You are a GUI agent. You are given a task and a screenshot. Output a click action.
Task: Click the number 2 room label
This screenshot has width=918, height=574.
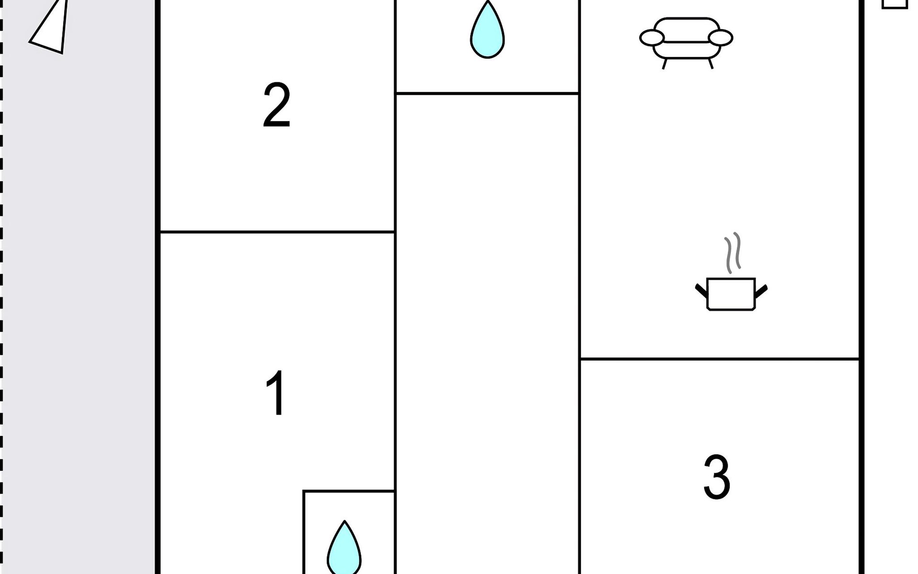click(277, 105)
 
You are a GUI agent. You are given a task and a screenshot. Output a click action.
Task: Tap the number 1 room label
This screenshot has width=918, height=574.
click(276, 393)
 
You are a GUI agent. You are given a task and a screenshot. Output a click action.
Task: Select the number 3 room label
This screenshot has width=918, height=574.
click(717, 477)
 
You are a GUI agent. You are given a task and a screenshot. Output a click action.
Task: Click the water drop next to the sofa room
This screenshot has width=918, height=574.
click(487, 32)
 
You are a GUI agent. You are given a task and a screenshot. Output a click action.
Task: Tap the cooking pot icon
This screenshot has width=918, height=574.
click(731, 294)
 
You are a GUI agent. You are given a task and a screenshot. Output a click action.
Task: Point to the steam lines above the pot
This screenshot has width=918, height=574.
click(733, 253)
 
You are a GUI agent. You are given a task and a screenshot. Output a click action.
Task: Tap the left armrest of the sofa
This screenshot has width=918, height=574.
click(652, 38)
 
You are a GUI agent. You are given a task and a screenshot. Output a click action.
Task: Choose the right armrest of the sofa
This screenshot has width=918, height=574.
click(720, 38)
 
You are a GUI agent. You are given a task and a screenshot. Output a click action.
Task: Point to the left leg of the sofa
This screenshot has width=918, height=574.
click(665, 64)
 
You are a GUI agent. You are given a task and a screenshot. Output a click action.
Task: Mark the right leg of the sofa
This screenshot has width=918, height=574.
click(710, 64)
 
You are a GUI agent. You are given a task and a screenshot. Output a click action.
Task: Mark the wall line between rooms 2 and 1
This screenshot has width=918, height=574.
click(277, 232)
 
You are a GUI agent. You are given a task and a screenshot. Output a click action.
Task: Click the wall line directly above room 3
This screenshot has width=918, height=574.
click(720, 359)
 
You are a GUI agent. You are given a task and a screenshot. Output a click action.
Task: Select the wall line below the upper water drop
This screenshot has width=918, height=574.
click(487, 93)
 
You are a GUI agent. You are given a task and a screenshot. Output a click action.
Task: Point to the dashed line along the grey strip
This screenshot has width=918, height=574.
click(1, 287)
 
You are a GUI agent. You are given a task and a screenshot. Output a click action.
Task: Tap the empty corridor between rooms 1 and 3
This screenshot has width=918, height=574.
click(487, 335)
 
